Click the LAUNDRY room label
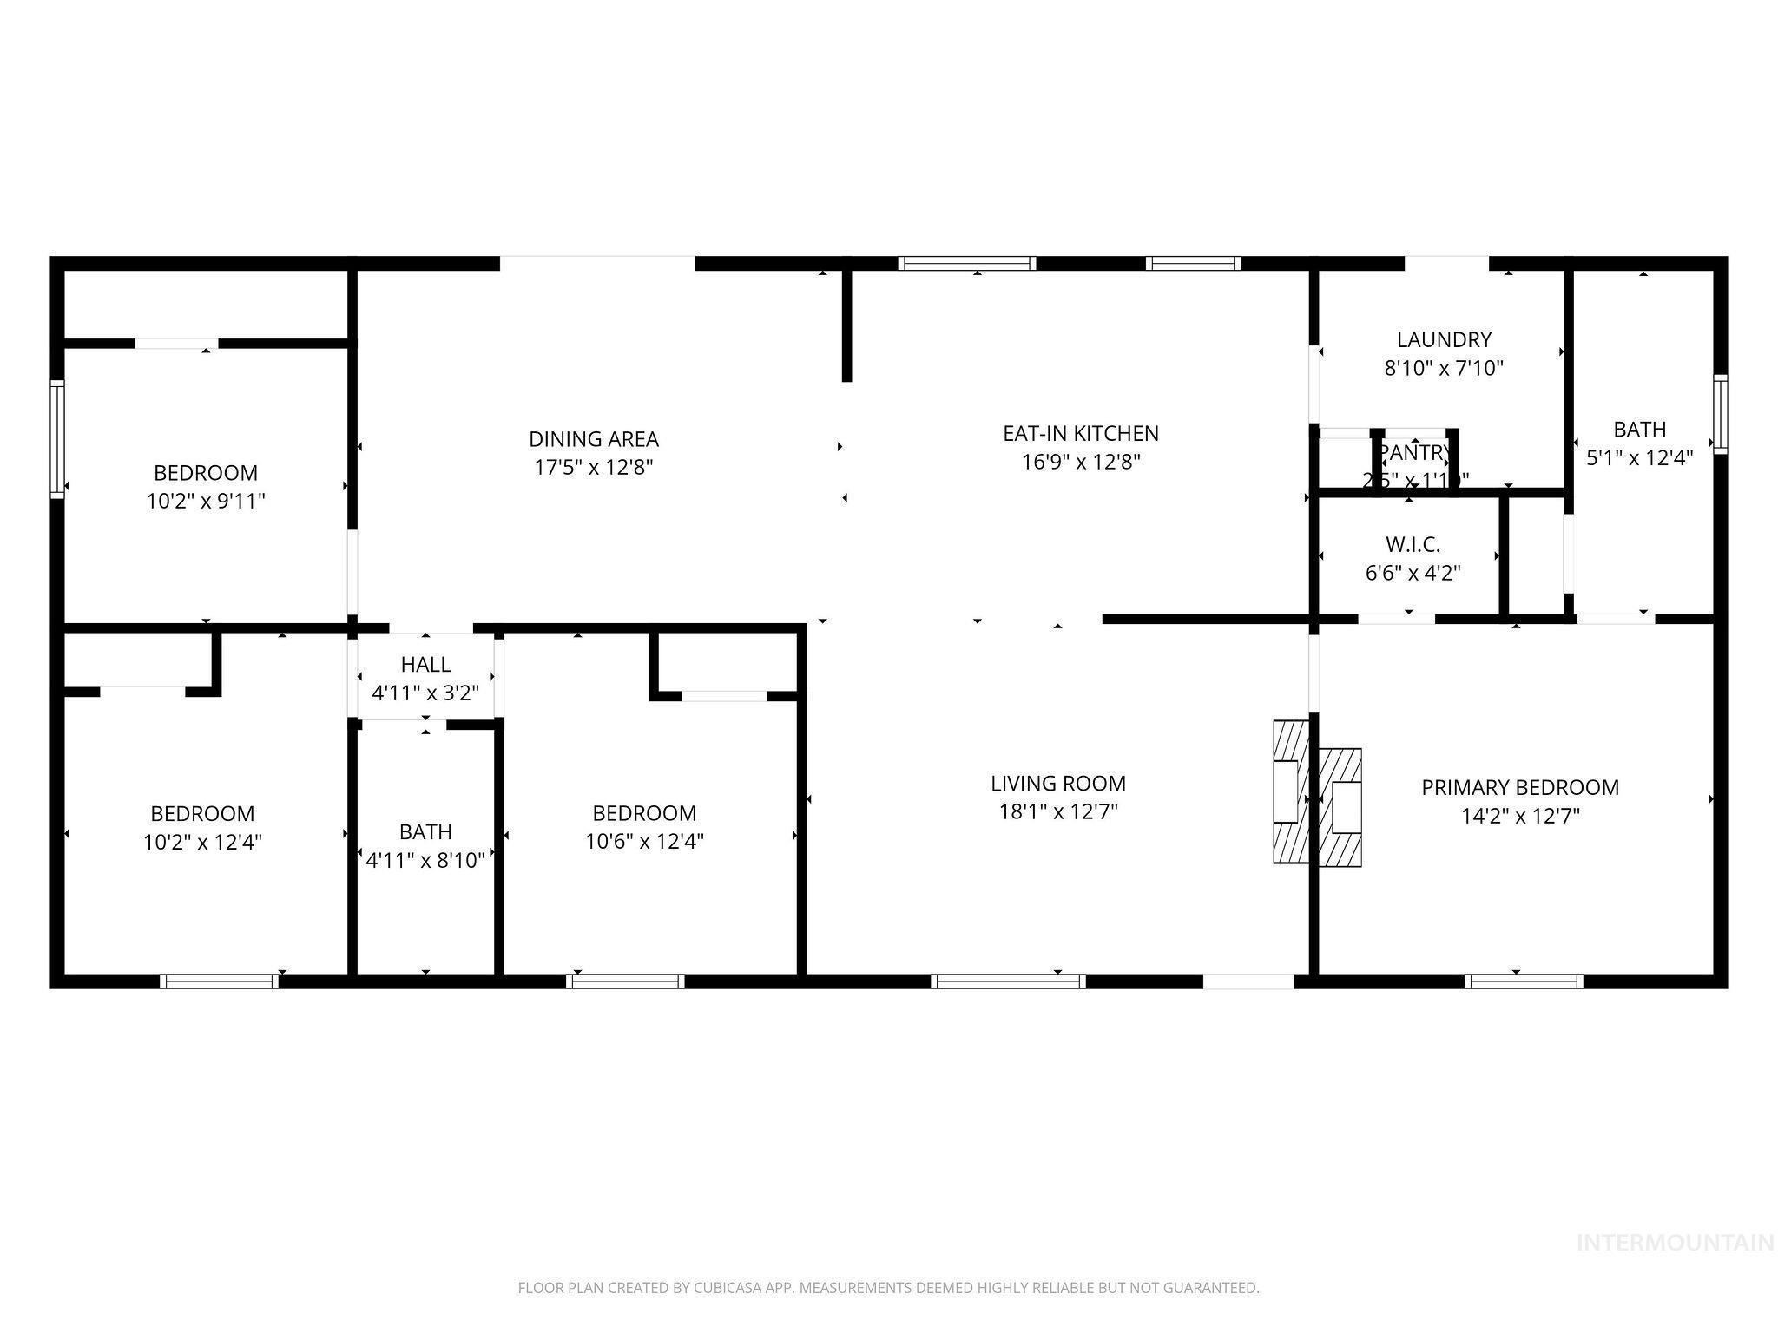click(x=1443, y=339)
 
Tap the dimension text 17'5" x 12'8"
click(x=593, y=468)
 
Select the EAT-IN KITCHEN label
click(x=1080, y=433)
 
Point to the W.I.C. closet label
click(x=1413, y=545)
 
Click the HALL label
click(x=425, y=665)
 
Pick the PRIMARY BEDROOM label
click(x=1519, y=787)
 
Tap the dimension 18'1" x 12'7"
click(x=1057, y=811)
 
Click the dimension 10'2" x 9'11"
click(x=206, y=501)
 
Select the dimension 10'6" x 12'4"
click(x=644, y=841)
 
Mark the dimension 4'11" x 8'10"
click(x=425, y=860)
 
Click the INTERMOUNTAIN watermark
click(x=1675, y=1243)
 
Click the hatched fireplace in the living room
click(x=1290, y=791)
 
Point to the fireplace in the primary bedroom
click(x=1340, y=807)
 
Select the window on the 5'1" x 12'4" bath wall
click(x=1719, y=414)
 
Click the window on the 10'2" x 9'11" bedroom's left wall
click(x=57, y=438)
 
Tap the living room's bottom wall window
click(x=1008, y=982)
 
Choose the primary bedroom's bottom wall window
click(x=1523, y=982)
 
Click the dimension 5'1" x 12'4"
click(x=1639, y=458)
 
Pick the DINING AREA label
click(x=594, y=439)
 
